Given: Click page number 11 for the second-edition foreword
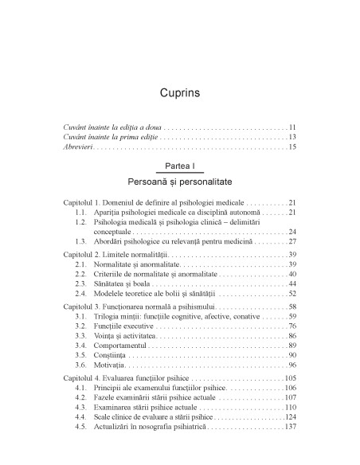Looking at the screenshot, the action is pos(292,127).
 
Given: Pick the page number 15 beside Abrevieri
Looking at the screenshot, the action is pos(292,147).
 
